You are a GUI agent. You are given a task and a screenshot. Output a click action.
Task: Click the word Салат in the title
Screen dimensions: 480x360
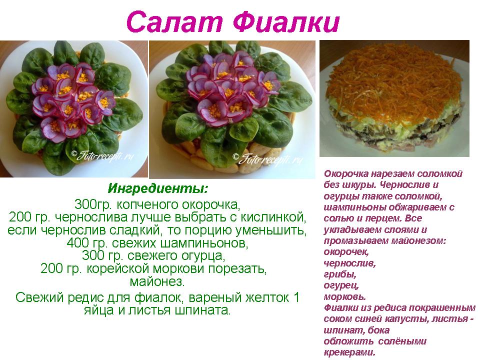pyautogui.click(x=174, y=22)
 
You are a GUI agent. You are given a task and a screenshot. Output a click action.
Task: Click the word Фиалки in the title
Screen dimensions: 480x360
pyautogui.click(x=286, y=22)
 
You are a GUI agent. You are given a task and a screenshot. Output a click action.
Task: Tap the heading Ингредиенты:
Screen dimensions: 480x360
pyautogui.click(x=157, y=188)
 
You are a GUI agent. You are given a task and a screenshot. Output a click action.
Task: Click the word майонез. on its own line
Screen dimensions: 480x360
pyautogui.click(x=157, y=281)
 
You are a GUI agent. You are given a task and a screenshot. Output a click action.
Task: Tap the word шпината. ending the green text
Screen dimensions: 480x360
pyautogui.click(x=202, y=310)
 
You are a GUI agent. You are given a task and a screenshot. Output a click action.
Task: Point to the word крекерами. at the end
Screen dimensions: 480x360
pyautogui.click(x=349, y=352)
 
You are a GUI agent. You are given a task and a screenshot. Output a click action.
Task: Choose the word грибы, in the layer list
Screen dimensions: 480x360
pyautogui.click(x=340, y=274)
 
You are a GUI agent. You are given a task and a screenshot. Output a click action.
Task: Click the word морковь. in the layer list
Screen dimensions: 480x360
pyautogui.click(x=344, y=296)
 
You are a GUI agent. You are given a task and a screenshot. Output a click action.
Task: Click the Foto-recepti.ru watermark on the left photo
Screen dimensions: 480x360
pyautogui.click(x=102, y=156)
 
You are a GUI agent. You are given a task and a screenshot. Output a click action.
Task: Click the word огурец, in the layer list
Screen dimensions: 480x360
pyautogui.click(x=341, y=285)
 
